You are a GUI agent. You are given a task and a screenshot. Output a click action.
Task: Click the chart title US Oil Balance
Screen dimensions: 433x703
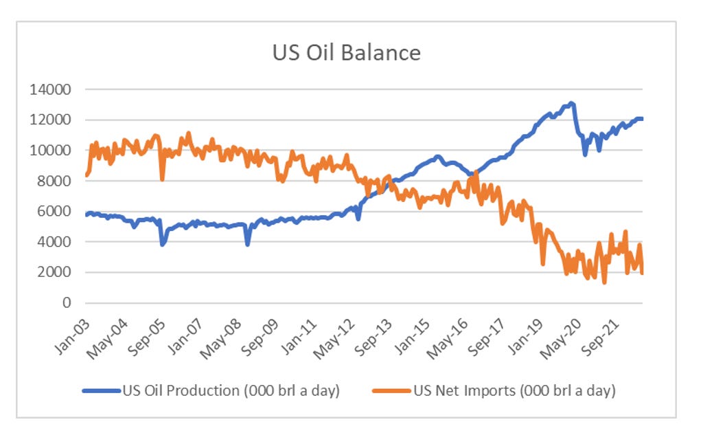click(x=346, y=52)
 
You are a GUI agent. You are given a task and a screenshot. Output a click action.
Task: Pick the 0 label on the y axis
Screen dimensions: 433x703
click(x=67, y=303)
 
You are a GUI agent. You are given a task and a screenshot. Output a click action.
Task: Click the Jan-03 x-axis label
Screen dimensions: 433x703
click(x=70, y=328)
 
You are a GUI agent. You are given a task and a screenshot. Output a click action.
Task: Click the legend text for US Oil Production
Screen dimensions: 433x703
click(x=231, y=391)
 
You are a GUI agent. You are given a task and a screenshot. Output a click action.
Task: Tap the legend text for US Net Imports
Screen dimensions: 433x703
click(x=514, y=391)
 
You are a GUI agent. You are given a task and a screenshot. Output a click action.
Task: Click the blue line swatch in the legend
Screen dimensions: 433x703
click(x=101, y=391)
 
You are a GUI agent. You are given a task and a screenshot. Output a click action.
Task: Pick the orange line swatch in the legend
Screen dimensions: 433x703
click(x=391, y=391)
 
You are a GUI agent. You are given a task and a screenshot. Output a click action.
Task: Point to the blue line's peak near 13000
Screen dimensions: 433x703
click(x=571, y=104)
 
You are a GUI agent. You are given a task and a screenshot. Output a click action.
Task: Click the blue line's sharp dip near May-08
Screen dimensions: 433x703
click(x=248, y=244)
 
